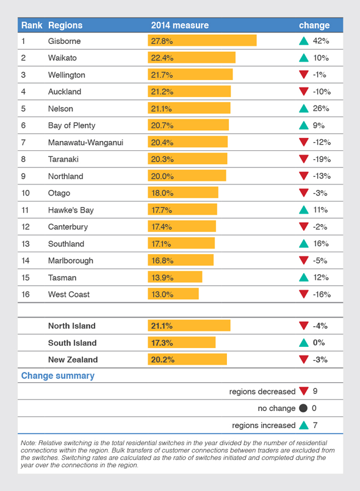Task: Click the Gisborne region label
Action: [64, 41]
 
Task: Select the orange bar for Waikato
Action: [192, 58]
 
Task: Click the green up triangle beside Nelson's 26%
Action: [303, 109]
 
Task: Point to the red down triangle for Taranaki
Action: [303, 159]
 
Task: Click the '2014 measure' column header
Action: [179, 26]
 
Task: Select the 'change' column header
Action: [314, 26]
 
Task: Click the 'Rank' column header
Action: [31, 26]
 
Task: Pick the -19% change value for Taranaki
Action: [321, 159]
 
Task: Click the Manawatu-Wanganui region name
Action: [85, 142]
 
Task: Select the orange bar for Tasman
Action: [175, 277]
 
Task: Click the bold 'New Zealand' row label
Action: [73, 360]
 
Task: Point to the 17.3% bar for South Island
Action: [181, 343]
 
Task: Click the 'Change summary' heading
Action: [58, 376]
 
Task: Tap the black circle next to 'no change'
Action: [303, 408]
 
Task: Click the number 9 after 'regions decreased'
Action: [315, 391]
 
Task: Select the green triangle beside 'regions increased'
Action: [303, 425]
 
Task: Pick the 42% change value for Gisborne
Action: [321, 41]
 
